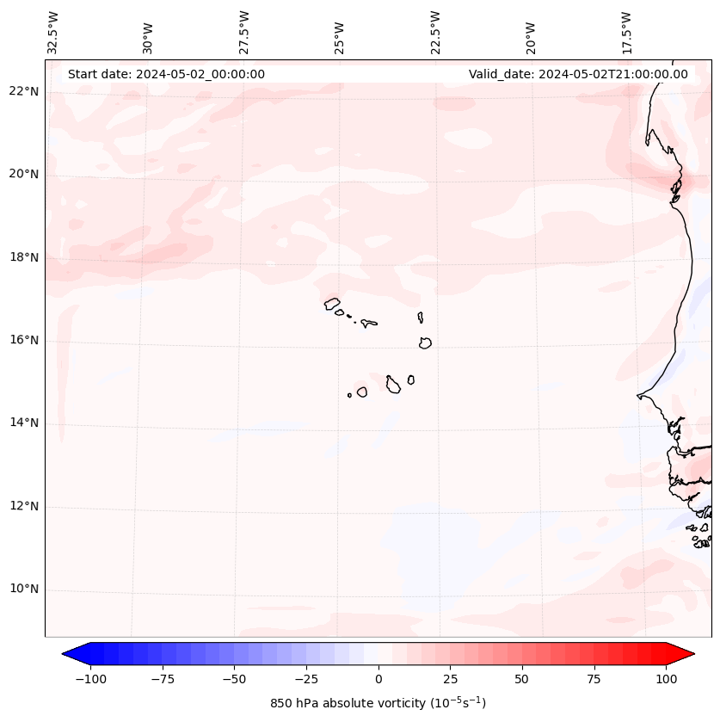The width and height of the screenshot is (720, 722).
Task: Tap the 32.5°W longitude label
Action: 53,33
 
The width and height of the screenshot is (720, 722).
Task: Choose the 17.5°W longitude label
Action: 627,33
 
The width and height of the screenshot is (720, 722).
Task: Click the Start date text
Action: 166,74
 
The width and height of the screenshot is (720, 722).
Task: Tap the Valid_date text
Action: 578,74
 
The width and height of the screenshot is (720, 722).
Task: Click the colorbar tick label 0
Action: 378,679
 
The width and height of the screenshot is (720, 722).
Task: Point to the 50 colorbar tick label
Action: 521,679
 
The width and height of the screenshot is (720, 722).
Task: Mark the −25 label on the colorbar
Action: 305,679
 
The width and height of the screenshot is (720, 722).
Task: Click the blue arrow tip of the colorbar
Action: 69,654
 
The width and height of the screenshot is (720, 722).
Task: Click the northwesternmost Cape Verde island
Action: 332,303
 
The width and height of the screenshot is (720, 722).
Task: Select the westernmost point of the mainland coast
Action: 637,396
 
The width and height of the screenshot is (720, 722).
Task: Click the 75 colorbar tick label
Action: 594,679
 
